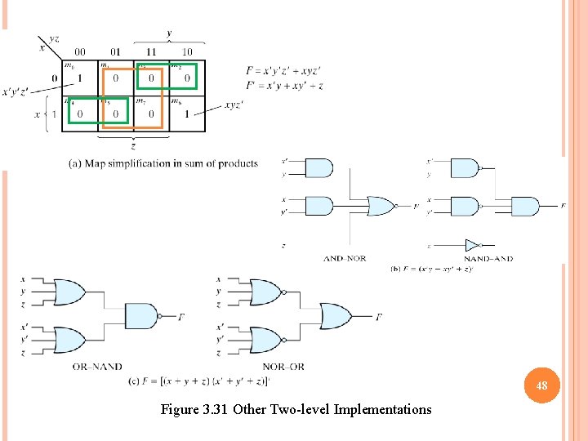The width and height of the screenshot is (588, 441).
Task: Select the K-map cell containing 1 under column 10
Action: (187, 114)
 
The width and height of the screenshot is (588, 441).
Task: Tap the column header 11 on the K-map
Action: (151, 51)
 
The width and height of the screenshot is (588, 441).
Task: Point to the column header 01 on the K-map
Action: (115, 51)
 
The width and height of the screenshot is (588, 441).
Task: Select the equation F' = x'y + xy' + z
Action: (284, 85)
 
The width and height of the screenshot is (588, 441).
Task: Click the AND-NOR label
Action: (345, 258)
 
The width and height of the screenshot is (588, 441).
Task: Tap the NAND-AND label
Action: (488, 258)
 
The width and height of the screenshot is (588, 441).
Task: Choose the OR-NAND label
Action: (97, 367)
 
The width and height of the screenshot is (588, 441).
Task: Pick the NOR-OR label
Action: (283, 367)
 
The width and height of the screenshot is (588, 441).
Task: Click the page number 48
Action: (541, 385)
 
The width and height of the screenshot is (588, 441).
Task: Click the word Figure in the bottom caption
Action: (179, 409)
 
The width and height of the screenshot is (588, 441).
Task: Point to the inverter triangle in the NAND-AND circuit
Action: (471, 244)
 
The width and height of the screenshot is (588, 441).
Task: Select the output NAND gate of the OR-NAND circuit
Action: (141, 315)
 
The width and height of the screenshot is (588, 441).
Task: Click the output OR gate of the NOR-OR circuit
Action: (335, 315)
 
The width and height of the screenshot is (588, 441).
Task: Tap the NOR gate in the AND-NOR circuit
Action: (381, 206)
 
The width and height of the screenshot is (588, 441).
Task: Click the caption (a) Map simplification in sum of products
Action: (163, 163)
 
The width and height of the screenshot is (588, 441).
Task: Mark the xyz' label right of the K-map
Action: (234, 105)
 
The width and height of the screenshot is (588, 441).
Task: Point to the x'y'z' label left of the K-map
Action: (17, 91)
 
